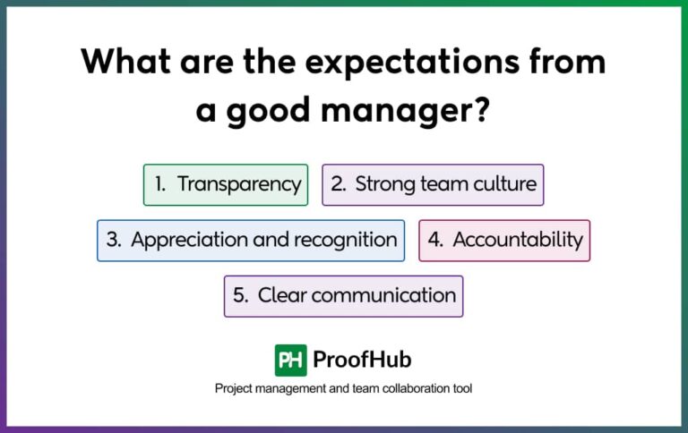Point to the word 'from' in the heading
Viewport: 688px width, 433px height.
[561, 63]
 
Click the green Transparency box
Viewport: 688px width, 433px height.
[226, 185]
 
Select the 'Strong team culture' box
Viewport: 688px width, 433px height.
[433, 185]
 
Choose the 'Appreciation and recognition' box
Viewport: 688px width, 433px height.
[251, 241]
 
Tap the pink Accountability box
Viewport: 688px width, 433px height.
[504, 241]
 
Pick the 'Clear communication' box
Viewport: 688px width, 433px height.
[343, 296]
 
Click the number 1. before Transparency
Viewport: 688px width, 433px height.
[160, 185]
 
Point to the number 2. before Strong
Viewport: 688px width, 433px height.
[339, 185]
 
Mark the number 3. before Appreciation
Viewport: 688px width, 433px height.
[114, 241]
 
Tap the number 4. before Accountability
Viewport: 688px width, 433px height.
[435, 241]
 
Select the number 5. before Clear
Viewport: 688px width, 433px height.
[240, 296]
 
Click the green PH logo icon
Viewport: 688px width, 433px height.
[290, 360]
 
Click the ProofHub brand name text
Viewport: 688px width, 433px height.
[362, 360]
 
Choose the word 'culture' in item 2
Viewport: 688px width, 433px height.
[505, 185]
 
